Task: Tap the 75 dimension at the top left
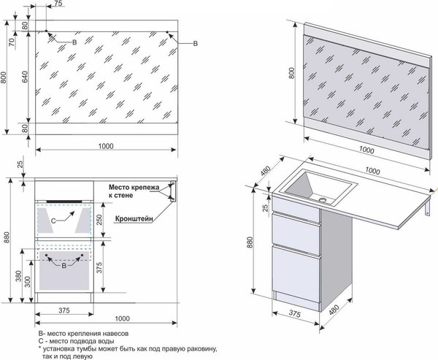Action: click(x=58, y=4)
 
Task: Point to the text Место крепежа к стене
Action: click(x=134, y=191)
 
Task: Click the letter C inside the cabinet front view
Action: click(x=53, y=219)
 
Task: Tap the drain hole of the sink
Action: click(x=321, y=198)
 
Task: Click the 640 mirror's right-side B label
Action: click(x=195, y=45)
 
